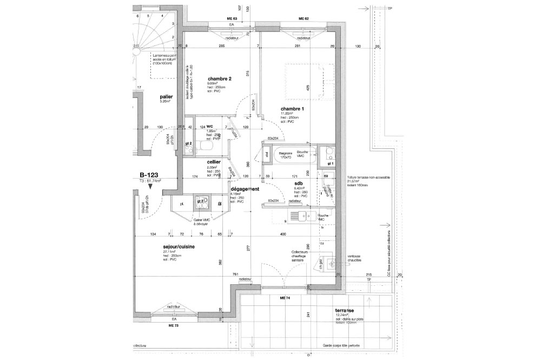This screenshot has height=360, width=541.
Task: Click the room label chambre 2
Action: click(x=219, y=79)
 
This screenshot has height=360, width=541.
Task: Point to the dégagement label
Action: click(x=246, y=189)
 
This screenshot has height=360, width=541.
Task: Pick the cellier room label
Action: click(x=213, y=162)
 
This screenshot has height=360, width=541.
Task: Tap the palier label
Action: click(x=159, y=96)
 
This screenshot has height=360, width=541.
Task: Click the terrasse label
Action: click(x=345, y=311)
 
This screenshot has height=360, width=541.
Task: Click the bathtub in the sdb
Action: click(x=293, y=154)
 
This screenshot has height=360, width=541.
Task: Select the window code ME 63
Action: click(x=232, y=19)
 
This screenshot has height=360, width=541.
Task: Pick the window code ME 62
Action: click(x=303, y=19)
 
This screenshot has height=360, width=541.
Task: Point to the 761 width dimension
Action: click(x=236, y=274)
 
